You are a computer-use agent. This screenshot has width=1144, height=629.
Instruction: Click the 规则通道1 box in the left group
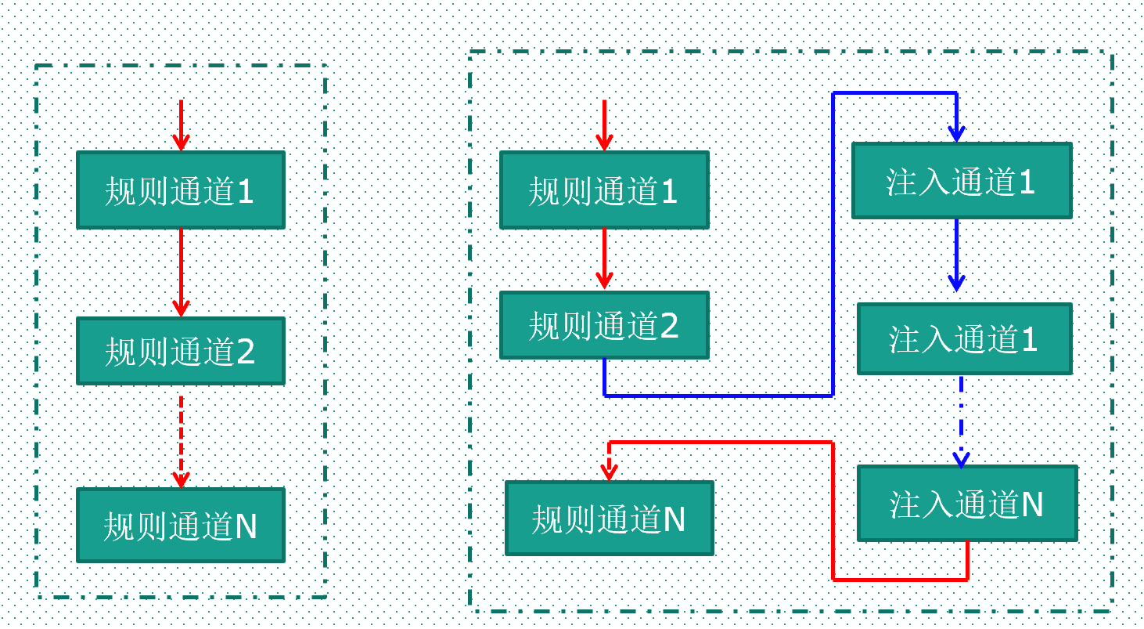coord(180,190)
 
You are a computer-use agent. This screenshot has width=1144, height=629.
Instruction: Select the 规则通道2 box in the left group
coord(180,351)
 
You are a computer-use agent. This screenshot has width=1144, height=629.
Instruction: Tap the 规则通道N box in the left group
coord(180,525)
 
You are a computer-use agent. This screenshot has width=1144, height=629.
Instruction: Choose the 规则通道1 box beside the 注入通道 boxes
coord(603,190)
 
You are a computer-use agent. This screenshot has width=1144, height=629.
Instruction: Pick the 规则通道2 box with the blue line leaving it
coord(603,325)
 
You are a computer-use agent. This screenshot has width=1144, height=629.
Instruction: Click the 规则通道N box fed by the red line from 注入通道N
coord(609,518)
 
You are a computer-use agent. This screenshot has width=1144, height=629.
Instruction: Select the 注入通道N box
coord(966,504)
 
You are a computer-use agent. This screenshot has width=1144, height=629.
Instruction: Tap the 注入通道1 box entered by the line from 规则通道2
coord(961,181)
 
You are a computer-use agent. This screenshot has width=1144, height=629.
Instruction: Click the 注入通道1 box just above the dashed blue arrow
coord(963,339)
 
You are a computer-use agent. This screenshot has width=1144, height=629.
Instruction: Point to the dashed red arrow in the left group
coord(181,439)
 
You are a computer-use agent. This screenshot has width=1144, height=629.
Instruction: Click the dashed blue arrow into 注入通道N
coord(961,423)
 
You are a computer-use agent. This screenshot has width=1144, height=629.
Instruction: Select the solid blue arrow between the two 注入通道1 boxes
coord(956,255)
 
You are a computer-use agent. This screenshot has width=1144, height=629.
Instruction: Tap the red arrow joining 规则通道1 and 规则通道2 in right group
coord(603,258)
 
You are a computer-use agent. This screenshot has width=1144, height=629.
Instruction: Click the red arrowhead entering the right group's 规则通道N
coord(609,470)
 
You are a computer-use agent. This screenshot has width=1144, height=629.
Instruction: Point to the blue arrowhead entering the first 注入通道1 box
coord(956,134)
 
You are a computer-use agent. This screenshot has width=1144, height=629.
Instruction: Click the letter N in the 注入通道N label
coord(1032,504)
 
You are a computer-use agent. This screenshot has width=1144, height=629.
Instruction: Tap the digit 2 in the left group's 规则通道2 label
coord(245,352)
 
